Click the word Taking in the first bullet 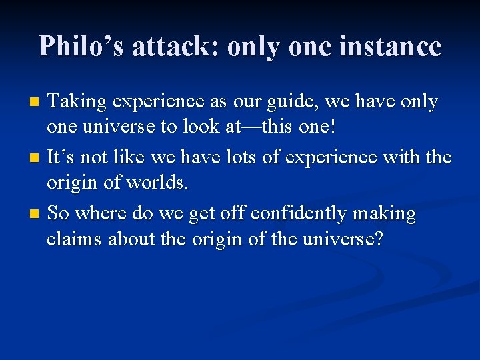tap(78, 102)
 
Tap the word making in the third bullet tap(384, 214)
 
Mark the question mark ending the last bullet tap(378, 238)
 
